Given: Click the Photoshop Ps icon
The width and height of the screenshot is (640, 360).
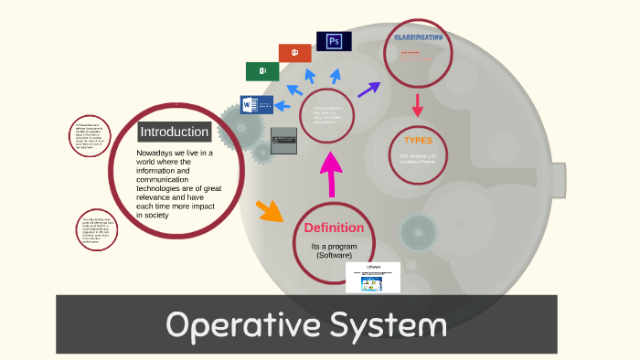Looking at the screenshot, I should click(334, 41).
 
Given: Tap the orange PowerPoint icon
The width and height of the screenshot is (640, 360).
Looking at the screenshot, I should click(294, 53).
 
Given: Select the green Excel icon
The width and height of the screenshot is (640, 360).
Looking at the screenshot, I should click(262, 71).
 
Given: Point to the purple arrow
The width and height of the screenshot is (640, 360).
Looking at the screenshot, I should click(368, 90).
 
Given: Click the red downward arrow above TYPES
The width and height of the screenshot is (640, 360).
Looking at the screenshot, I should click(418, 106).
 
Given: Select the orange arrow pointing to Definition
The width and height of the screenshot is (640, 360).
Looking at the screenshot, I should click(270, 211).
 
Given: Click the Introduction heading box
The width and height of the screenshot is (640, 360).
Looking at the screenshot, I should click(174, 132).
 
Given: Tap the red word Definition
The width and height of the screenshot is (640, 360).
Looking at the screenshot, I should click(334, 228).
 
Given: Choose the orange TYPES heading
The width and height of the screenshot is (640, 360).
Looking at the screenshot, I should click(418, 141).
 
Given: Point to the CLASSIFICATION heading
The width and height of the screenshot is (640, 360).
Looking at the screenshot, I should click(418, 37).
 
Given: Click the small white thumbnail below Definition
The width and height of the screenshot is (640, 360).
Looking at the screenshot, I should click(373, 278).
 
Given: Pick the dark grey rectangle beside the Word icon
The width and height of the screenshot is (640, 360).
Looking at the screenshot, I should click(284, 141).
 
